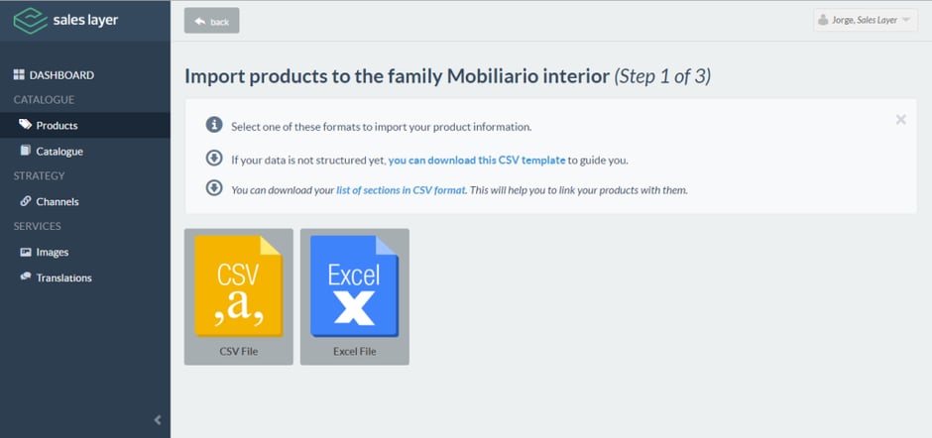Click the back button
tap(211, 21)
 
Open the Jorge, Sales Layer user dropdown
tap(865, 20)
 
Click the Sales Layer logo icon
tap(30, 20)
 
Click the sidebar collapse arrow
tap(158, 420)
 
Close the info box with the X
tap(900, 120)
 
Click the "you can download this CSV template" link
tap(477, 160)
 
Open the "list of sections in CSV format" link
tap(402, 191)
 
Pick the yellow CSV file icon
tap(238, 285)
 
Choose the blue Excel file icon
tap(354, 285)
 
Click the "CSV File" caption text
tap(238, 351)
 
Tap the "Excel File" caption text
tap(354, 351)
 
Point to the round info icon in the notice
tap(214, 125)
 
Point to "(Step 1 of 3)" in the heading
tap(662, 76)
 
